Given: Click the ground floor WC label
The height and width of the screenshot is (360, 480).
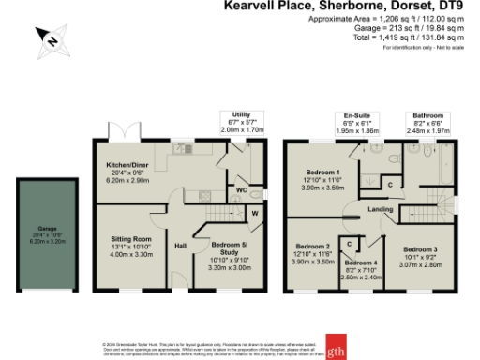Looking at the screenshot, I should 241,189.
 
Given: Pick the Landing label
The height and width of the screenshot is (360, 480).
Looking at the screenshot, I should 380,209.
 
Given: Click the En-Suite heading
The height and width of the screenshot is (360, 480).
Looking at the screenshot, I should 356,115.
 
